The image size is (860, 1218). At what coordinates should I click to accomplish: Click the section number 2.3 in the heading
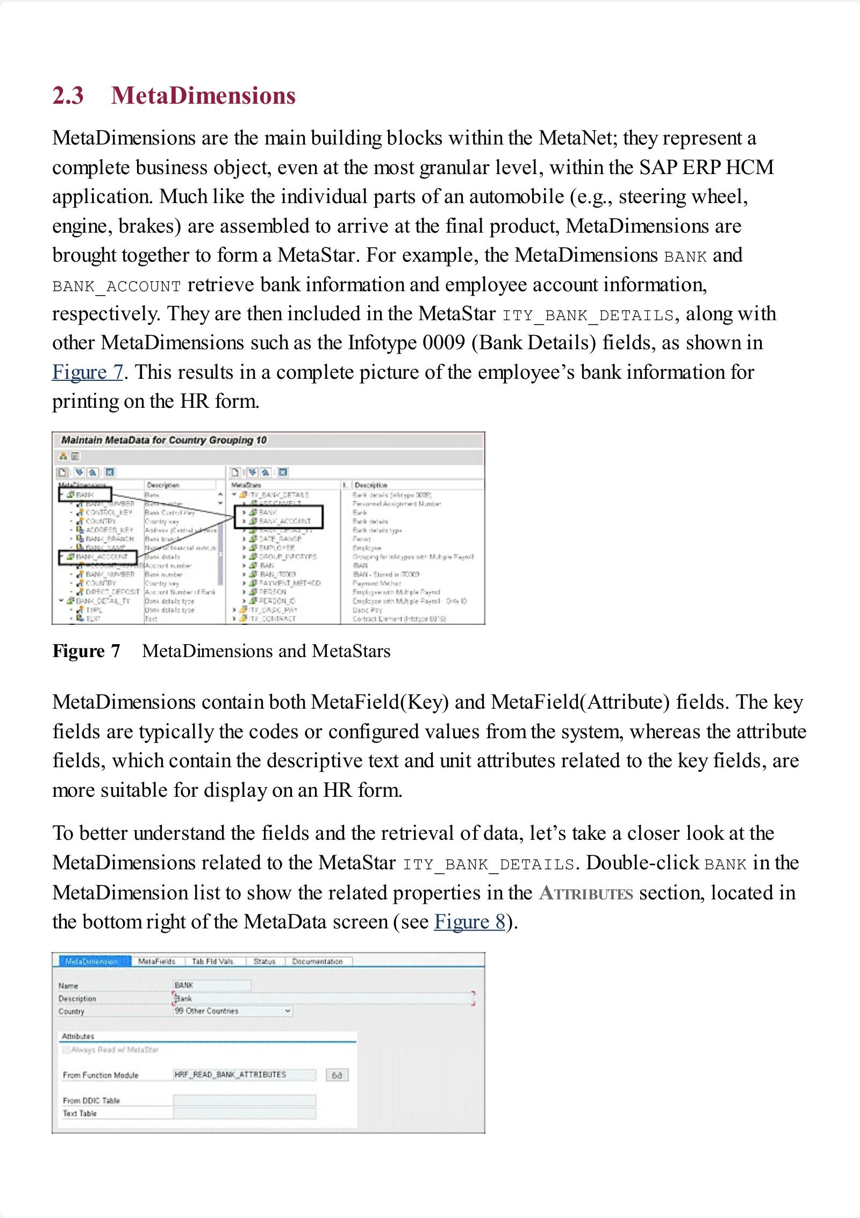[68, 96]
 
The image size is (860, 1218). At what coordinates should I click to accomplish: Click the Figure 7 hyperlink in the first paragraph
[88, 372]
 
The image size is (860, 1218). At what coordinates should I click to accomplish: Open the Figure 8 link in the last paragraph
[469, 921]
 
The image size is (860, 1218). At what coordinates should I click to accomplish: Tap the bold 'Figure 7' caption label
[86, 651]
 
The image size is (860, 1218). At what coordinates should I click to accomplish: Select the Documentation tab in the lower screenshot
[317, 961]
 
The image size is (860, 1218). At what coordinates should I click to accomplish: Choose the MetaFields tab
[156, 961]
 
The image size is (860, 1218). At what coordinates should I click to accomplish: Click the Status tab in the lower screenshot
[264, 961]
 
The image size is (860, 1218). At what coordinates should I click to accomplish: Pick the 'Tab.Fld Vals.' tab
[213, 961]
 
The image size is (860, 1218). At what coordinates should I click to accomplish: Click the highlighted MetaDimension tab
[91, 961]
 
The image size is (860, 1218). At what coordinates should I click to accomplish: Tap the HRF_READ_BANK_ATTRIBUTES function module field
[243, 1075]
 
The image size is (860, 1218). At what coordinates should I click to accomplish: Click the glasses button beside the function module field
[337, 1075]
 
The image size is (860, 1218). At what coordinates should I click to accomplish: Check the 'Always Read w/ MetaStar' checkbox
[66, 1050]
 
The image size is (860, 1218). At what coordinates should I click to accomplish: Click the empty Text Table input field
[243, 1113]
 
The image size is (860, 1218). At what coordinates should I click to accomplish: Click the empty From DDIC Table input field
[243, 1100]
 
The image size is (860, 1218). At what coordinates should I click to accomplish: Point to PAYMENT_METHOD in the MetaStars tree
[290, 583]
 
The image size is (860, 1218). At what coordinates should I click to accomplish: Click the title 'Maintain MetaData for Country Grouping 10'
[164, 440]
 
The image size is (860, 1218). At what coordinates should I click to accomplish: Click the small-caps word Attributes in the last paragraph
[586, 893]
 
